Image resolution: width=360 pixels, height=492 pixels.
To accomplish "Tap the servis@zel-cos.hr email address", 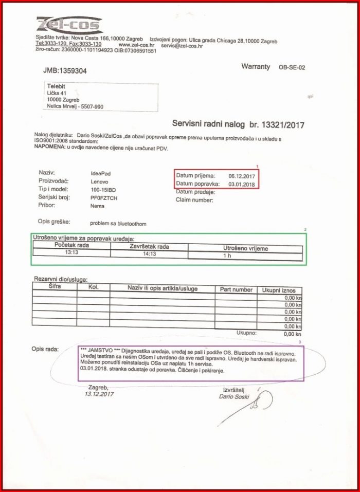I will click(x=182, y=46).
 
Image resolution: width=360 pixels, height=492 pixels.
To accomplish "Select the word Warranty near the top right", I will click(x=255, y=67).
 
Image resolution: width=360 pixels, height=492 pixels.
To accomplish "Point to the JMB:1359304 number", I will click(x=65, y=70).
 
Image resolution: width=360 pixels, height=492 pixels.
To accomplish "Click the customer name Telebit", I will click(x=57, y=86).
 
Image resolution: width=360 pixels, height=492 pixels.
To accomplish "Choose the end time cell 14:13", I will click(x=149, y=253).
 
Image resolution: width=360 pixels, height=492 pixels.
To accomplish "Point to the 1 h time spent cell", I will click(x=228, y=255).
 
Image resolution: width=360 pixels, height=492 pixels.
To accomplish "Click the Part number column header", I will click(x=236, y=290).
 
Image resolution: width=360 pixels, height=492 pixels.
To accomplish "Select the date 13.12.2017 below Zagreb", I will click(x=99, y=394).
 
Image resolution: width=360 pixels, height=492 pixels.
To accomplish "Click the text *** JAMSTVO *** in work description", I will click(x=99, y=350).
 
